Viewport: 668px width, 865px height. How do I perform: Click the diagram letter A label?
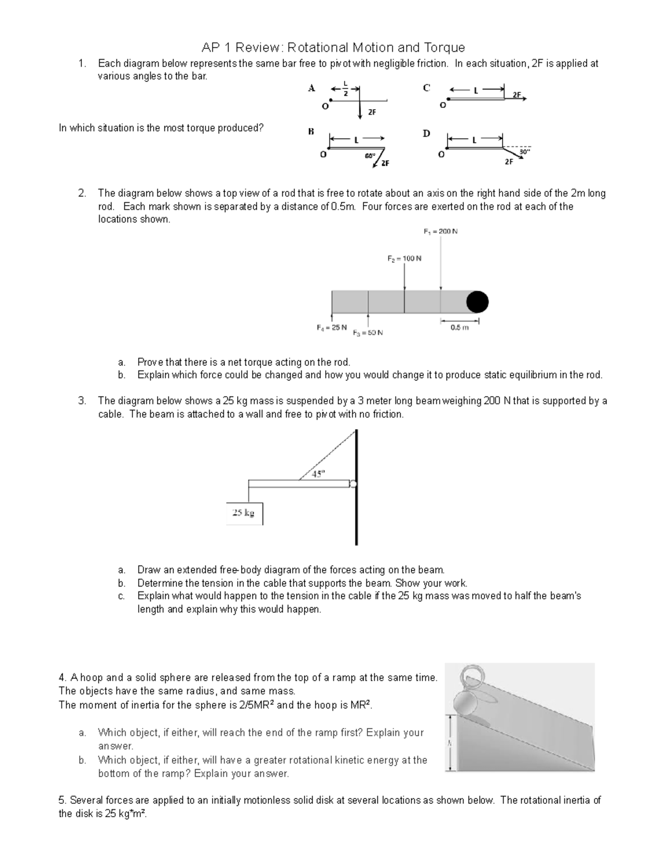pyautogui.click(x=312, y=87)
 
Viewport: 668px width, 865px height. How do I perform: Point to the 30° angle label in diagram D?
pyautogui.click(x=524, y=151)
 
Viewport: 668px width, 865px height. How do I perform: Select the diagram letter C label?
pyautogui.click(x=426, y=87)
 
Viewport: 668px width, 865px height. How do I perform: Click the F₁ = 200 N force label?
pyautogui.click(x=440, y=232)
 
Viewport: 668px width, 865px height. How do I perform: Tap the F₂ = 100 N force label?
pyautogui.click(x=404, y=258)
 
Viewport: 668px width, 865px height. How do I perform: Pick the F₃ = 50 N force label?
pyautogui.click(x=367, y=333)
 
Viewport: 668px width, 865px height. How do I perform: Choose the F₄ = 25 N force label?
pyautogui.click(x=331, y=328)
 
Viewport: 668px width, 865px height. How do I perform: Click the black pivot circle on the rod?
pyautogui.click(x=477, y=302)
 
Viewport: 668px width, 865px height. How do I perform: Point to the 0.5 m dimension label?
pyautogui.click(x=459, y=328)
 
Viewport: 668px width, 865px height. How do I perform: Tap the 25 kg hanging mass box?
pyautogui.click(x=244, y=514)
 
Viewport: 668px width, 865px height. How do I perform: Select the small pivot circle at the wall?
pyautogui.click(x=352, y=483)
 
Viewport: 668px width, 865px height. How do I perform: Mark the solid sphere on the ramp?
pyautogui.click(x=466, y=702)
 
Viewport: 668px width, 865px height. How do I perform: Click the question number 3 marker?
pyautogui.click(x=82, y=401)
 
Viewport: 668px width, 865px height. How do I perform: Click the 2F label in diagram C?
pyautogui.click(x=517, y=95)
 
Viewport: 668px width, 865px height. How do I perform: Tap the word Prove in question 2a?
pyautogui.click(x=150, y=363)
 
